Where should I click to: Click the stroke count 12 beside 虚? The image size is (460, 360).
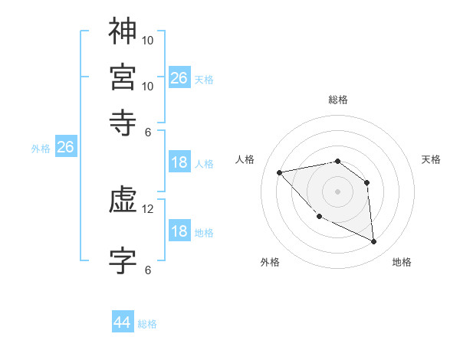tap(148, 209)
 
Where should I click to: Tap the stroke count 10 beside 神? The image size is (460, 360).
tap(148, 39)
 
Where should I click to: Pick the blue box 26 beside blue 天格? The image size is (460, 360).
tap(179, 78)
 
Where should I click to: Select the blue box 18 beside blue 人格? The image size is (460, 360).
tap(179, 162)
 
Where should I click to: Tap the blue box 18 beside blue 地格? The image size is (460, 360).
tap(179, 231)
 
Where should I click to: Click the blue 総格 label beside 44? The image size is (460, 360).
tap(147, 324)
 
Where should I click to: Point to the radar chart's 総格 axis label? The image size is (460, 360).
tap(338, 100)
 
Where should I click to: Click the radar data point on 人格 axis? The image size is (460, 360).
tap(280, 172)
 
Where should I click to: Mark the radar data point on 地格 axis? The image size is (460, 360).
tap(374, 242)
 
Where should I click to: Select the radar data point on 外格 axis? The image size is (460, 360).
tap(319, 218)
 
